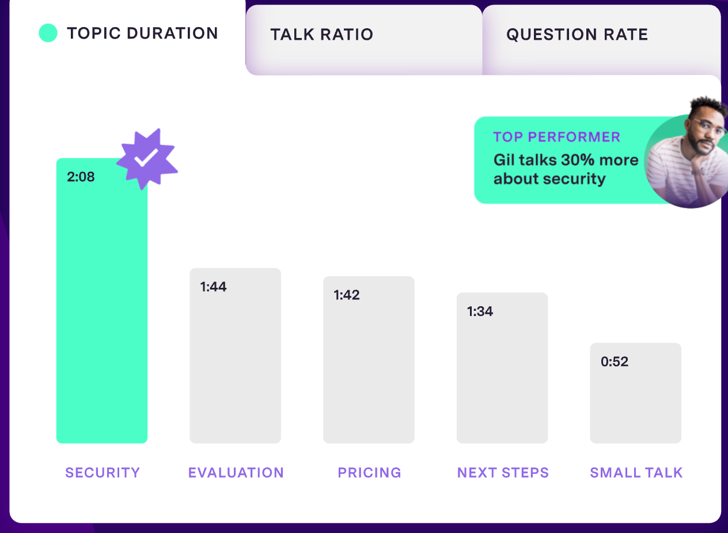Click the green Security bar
(x=102, y=311)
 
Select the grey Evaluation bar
(x=235, y=363)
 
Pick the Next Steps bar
(x=502, y=374)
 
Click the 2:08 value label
(x=81, y=177)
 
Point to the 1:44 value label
(x=213, y=287)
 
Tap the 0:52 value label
(x=615, y=362)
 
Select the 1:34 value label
(x=480, y=311)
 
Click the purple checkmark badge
(x=147, y=158)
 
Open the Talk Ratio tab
(x=322, y=35)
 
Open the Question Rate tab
(x=577, y=35)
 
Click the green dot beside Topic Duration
(x=48, y=33)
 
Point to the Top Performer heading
(x=556, y=137)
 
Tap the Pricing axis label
(x=369, y=473)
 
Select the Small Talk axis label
(x=636, y=473)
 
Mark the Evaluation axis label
(x=236, y=473)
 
